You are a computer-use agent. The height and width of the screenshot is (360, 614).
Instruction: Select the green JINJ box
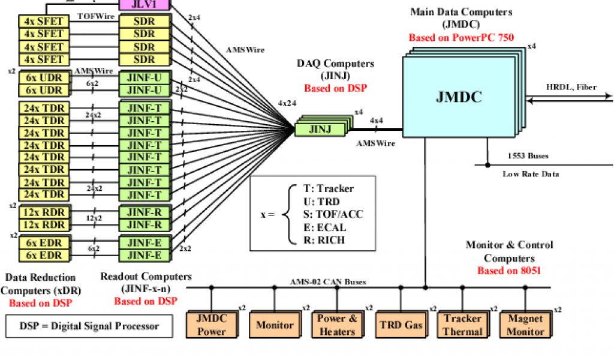pyautogui.click(x=320, y=128)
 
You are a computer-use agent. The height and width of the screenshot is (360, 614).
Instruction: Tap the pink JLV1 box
pyautogui.click(x=144, y=4)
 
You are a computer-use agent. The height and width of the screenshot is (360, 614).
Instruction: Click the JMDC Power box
pyautogui.click(x=212, y=325)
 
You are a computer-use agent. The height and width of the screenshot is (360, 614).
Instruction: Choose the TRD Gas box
pyautogui.click(x=401, y=325)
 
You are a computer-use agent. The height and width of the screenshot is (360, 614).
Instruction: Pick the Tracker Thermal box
pyautogui.click(x=462, y=325)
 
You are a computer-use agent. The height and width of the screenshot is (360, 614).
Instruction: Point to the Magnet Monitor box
pyautogui.click(x=525, y=325)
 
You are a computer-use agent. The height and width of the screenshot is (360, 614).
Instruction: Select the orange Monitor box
pyautogui.click(x=275, y=325)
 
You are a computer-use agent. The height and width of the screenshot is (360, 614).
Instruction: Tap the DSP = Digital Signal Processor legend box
pyautogui.click(x=89, y=326)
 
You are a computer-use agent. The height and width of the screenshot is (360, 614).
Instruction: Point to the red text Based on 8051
pyautogui.click(x=509, y=271)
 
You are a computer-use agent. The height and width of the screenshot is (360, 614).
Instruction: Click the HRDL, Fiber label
pyautogui.click(x=571, y=87)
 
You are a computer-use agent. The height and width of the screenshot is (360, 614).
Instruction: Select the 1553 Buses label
pyautogui.click(x=528, y=156)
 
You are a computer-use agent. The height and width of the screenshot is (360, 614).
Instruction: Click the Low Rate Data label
pyautogui.click(x=530, y=174)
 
